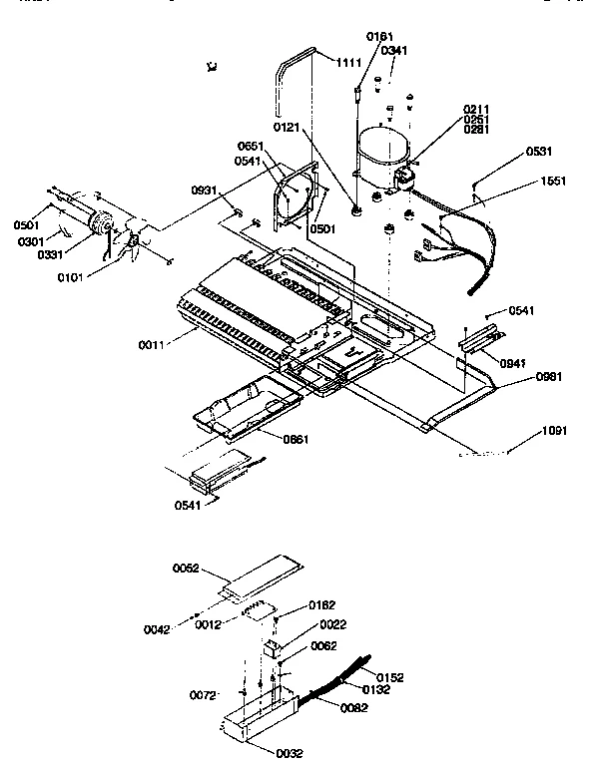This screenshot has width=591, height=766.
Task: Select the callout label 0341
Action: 392,50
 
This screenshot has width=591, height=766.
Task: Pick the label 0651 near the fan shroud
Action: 250,147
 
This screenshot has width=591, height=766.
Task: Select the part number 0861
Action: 269,440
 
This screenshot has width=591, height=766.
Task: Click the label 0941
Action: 512,364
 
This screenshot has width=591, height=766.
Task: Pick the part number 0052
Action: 187,570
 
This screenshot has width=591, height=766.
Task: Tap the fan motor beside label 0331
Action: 101,225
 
